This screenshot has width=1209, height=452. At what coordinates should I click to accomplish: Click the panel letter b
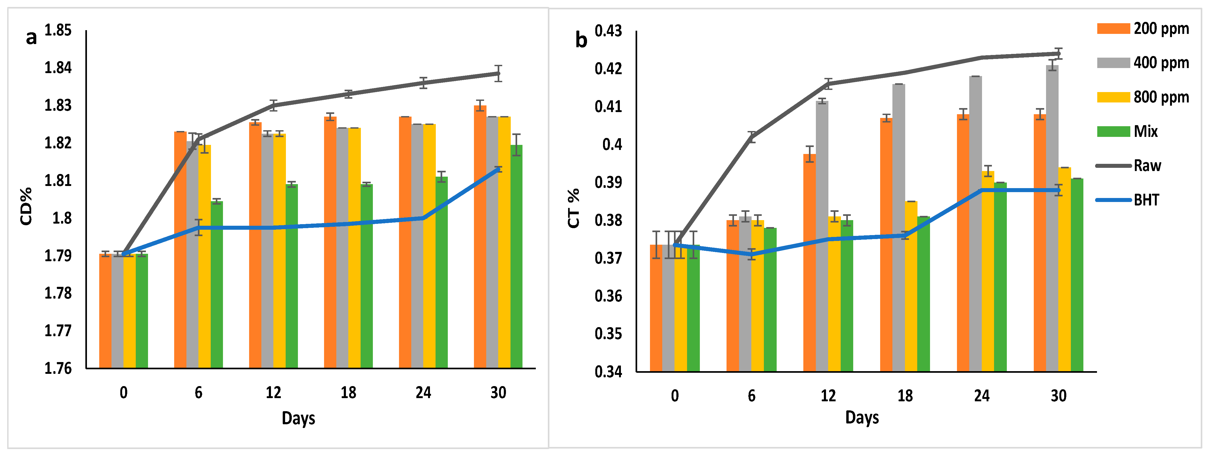click(581, 40)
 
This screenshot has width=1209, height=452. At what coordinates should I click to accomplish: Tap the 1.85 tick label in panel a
click(58, 30)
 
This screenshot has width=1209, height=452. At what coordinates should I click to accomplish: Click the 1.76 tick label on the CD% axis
click(58, 368)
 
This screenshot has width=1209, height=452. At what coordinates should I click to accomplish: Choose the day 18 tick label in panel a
click(348, 392)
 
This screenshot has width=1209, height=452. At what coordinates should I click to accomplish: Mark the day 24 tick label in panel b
click(982, 396)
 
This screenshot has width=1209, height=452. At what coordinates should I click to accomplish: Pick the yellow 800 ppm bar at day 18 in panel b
click(911, 286)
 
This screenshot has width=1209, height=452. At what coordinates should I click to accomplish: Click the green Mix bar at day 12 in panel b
click(847, 296)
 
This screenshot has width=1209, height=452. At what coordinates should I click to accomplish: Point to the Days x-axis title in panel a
click(298, 418)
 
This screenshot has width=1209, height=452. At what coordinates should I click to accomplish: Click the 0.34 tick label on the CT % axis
click(608, 372)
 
